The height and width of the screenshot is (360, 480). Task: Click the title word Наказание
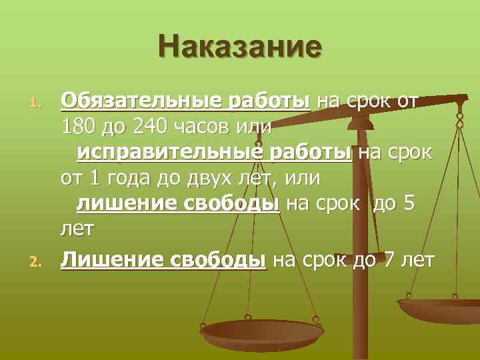point(240,47)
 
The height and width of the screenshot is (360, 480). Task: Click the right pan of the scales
point(440,309)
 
